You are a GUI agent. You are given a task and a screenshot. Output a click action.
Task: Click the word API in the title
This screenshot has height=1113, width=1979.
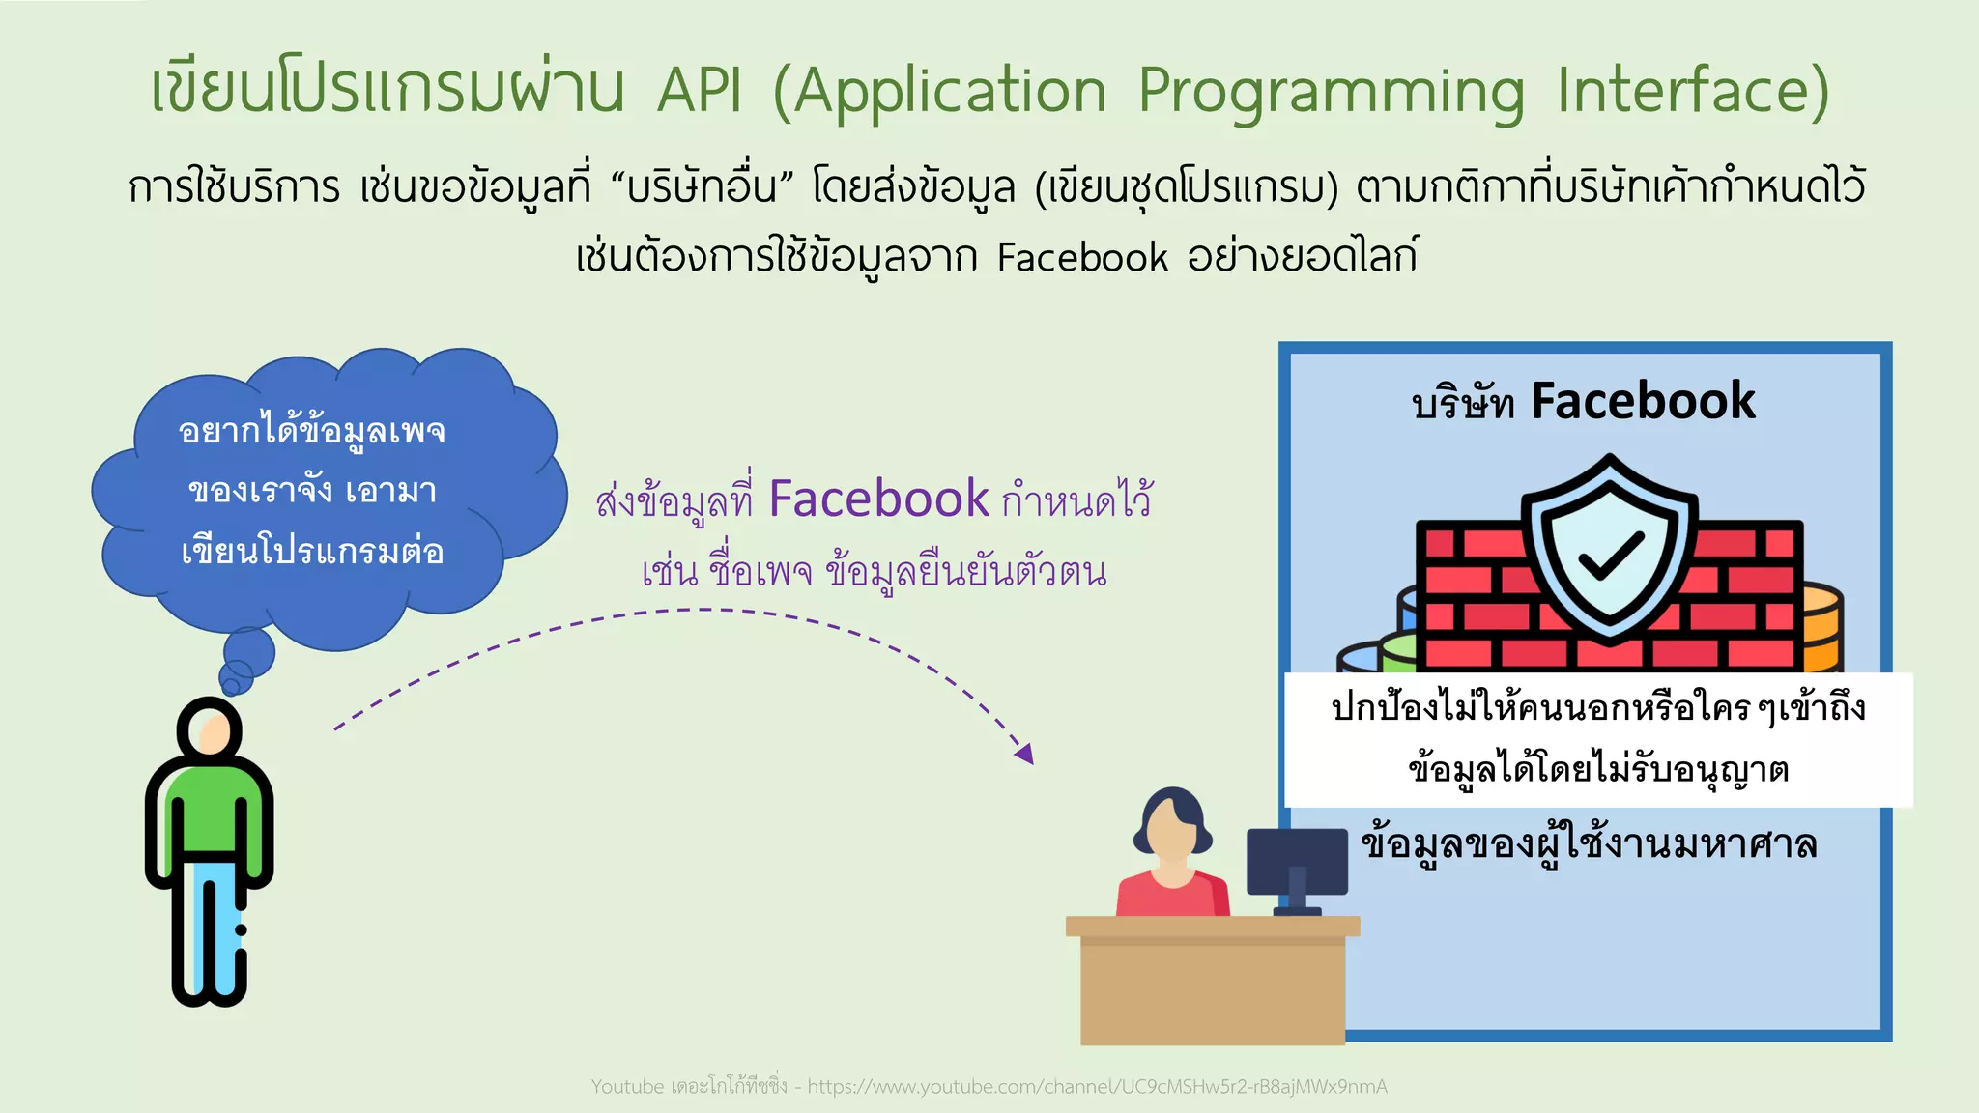[x=700, y=91]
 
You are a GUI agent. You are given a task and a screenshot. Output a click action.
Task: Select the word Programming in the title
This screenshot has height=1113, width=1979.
[x=1331, y=93]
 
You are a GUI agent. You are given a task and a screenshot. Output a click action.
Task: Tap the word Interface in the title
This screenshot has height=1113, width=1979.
[x=1681, y=91]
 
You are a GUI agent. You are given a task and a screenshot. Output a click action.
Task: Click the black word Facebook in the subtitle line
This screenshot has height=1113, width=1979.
[x=1082, y=258]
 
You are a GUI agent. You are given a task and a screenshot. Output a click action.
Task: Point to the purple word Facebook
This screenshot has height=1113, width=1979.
[x=878, y=499]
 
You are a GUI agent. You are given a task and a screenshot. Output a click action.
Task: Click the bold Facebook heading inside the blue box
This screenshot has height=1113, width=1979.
[x=1643, y=401]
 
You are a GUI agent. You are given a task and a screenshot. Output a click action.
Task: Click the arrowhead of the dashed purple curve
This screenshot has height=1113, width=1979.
[x=1025, y=753]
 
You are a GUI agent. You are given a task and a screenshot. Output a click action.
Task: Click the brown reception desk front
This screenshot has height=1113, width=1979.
[x=1212, y=990]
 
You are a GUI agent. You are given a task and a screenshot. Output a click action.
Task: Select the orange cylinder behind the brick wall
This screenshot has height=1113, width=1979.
[x=1822, y=628]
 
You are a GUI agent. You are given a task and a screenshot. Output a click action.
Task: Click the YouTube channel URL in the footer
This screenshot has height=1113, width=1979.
[x=1097, y=1087]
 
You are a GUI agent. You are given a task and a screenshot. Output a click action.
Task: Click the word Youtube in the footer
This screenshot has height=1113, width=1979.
[x=627, y=1087]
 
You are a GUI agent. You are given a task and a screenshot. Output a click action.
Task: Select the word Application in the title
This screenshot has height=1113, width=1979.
[x=951, y=93]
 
